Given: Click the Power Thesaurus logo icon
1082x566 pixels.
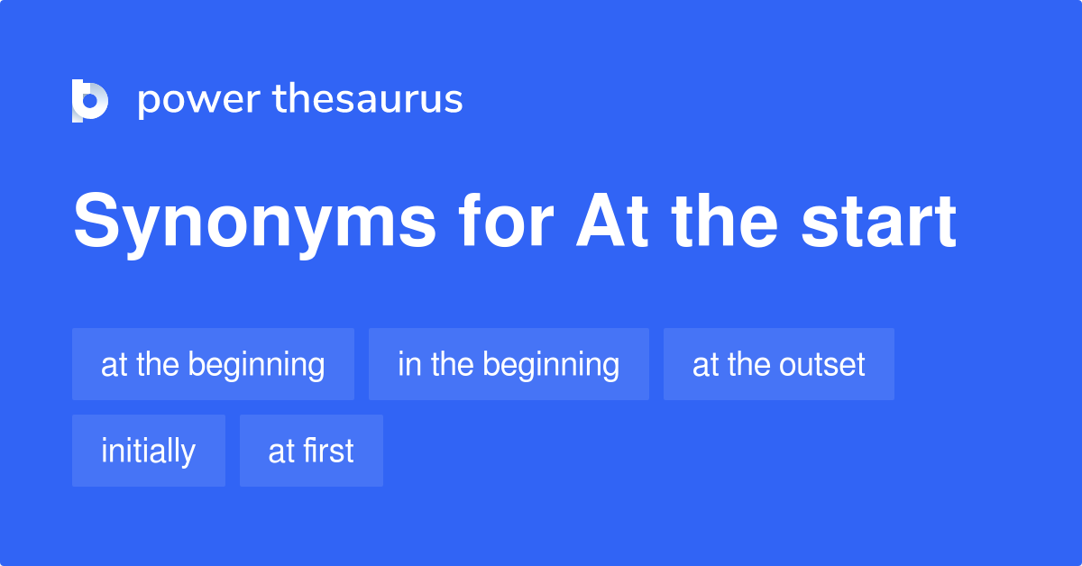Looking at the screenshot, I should [x=89, y=100].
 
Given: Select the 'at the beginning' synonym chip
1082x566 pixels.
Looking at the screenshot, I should [x=213, y=364].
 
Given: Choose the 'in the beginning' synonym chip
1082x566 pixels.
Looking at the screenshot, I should [x=509, y=364].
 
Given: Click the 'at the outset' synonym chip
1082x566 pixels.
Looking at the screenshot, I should [x=778, y=364].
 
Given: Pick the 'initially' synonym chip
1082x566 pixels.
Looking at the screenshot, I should [x=148, y=451].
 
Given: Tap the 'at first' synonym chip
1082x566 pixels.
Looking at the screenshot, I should [x=311, y=451].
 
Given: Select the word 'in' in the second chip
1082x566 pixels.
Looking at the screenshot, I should [x=408, y=364].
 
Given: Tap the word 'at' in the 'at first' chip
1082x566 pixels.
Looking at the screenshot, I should [x=281, y=451].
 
